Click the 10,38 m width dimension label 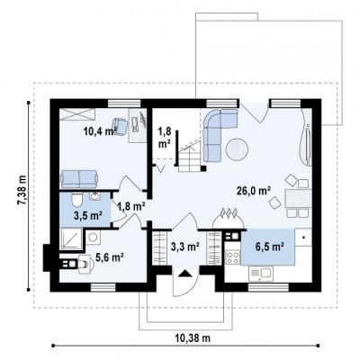coord(193,338)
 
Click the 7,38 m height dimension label coord(22,191)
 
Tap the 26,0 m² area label coord(254,191)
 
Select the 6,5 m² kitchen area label coord(270,247)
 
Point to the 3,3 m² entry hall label coord(185,247)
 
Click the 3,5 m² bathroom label coord(88,215)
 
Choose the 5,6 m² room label coord(110,256)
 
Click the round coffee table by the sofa coord(237,149)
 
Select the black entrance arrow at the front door coord(185,274)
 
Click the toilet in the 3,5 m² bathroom coord(77,200)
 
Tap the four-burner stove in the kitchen coord(233,257)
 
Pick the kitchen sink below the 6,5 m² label coord(260,274)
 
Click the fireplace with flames coord(229,219)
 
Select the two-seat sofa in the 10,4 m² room coord(79,179)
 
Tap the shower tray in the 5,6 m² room coord(71,239)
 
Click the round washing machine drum coord(94,238)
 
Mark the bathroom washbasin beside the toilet coord(95,196)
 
